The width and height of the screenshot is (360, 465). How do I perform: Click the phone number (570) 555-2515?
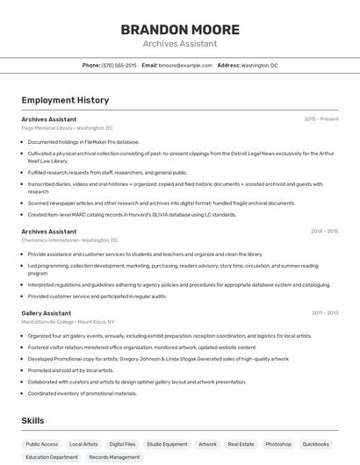click(119, 65)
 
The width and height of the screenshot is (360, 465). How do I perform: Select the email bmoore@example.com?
click(185, 65)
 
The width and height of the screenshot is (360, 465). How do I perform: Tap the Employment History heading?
click(65, 100)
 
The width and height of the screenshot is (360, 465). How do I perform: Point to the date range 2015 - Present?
click(321, 118)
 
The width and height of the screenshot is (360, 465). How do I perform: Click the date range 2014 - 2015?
click(324, 232)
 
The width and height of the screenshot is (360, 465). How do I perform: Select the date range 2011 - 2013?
click(324, 312)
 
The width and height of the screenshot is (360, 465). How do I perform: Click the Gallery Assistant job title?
click(47, 312)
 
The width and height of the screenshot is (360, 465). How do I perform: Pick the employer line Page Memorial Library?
click(67, 127)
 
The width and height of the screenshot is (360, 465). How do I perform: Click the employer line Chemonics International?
click(69, 240)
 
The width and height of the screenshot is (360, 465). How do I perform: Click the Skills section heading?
click(33, 421)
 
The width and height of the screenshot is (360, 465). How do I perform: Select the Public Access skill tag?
click(42, 444)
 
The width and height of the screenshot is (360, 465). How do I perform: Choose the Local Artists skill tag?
click(83, 444)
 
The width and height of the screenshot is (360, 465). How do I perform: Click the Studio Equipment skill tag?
click(167, 444)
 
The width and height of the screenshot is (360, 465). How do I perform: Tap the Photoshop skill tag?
click(278, 444)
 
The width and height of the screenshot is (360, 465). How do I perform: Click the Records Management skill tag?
click(114, 457)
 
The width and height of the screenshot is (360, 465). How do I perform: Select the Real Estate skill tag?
click(241, 444)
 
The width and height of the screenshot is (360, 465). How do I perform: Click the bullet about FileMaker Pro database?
click(83, 141)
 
